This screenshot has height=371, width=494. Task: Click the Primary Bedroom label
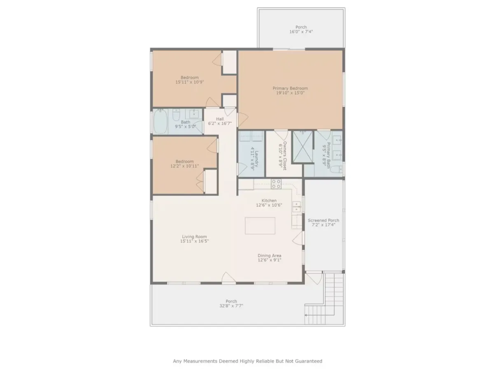(x=290, y=88)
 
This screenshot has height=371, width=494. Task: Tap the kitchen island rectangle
(x=260, y=225)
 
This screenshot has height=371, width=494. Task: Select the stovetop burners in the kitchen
(x=276, y=184)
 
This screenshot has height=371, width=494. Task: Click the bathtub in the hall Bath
(x=160, y=121)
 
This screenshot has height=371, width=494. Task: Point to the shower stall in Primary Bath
(x=303, y=147)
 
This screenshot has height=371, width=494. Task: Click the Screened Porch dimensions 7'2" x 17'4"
(x=323, y=225)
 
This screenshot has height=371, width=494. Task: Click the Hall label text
(x=220, y=119)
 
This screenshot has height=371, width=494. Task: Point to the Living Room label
(x=194, y=236)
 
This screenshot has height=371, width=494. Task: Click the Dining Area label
(x=269, y=255)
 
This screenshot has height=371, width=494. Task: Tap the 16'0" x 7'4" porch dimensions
(x=301, y=32)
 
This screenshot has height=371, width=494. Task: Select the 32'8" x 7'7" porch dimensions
(x=231, y=306)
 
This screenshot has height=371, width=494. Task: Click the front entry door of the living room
(x=228, y=278)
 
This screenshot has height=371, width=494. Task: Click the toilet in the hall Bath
(x=176, y=115)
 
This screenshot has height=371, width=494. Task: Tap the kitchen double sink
(x=296, y=207)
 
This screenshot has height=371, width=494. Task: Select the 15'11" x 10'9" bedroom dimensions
(x=189, y=82)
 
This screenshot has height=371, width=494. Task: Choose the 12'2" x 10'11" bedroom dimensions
(x=184, y=166)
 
